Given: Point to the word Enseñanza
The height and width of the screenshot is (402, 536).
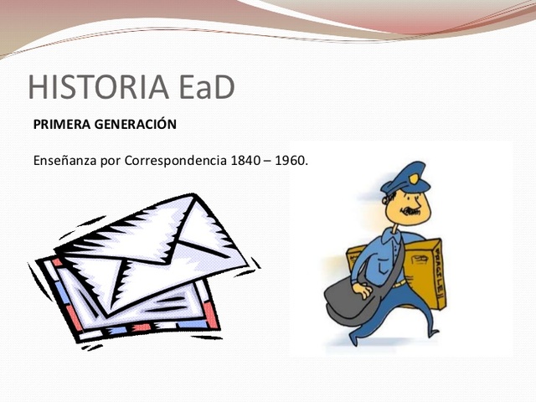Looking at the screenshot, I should point(64,159).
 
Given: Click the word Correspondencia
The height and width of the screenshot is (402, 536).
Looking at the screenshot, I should point(175,159).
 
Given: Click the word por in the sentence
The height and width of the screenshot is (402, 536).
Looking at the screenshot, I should point(111,159).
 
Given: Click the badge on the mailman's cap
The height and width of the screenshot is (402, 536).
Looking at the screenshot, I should point(415,178).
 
